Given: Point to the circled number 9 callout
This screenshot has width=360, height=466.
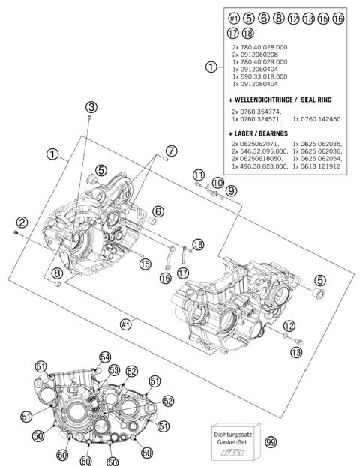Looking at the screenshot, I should point(231,191).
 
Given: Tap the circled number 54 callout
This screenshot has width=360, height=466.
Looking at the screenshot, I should point(105,357).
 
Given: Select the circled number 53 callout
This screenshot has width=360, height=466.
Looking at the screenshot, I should point(114,369).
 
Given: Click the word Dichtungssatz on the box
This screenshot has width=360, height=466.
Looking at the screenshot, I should point(234,433).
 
